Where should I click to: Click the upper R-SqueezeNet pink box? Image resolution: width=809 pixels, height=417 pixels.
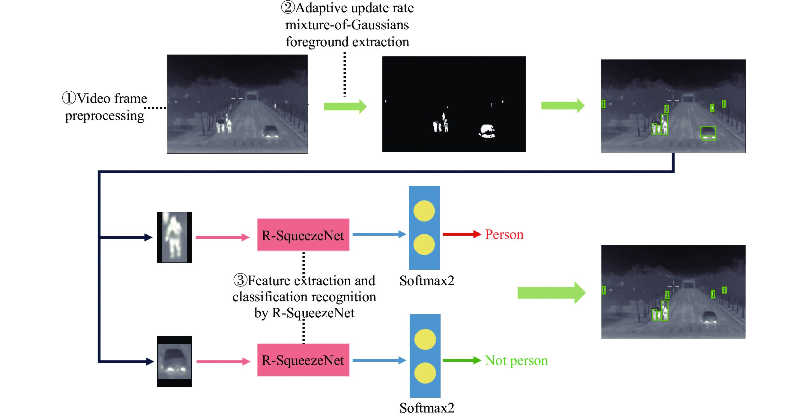pos(303,235)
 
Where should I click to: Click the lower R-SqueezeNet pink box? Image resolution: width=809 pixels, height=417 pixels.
pos(303,360)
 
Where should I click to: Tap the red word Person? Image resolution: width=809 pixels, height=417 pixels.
pos(504,234)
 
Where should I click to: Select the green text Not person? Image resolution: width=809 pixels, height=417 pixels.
pos(516,360)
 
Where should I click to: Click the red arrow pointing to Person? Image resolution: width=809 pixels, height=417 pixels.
pos(461,234)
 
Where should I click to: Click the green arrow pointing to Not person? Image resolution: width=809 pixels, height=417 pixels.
pos(461,360)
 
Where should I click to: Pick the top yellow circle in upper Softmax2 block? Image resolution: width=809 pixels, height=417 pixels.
pos(424,211)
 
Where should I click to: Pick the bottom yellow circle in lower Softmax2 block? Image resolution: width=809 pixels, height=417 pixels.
pos(425,373)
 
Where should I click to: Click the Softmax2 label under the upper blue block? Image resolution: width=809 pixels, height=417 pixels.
pos(427,281)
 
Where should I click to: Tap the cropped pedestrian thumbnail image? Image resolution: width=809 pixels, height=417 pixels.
pos(174,237)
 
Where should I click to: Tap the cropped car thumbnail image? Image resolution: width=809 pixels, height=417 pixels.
pos(174,361)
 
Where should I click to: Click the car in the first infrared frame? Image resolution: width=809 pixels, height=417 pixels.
pos(271,131)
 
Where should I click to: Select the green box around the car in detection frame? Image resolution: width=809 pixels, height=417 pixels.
pos(708,133)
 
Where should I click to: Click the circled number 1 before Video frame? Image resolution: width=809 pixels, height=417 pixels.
pos(69,98)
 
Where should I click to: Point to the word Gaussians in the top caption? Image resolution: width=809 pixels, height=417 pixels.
pos(380,25)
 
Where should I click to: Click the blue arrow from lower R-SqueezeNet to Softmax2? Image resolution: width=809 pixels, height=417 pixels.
pos(379,360)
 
